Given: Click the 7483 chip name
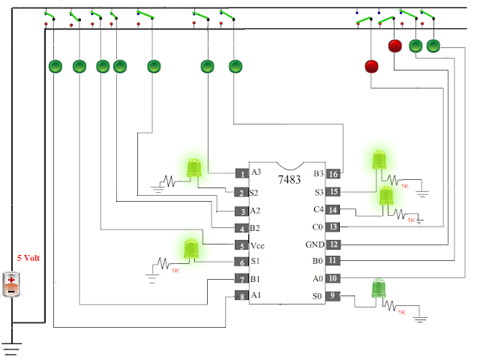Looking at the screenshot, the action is [289, 179].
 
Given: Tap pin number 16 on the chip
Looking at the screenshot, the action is [333, 174].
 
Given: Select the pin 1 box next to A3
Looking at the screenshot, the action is [242, 173].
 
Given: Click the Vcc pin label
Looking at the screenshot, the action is [257, 245].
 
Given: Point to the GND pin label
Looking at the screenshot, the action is [315, 244].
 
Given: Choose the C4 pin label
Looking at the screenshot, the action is [318, 209].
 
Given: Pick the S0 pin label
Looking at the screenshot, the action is [317, 296].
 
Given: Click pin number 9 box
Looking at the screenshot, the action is [332, 295].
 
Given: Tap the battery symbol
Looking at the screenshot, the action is [11, 284].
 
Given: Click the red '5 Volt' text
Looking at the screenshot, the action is [28, 258].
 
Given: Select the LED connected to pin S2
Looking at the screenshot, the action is [194, 168].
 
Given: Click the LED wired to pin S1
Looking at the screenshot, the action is [191, 248].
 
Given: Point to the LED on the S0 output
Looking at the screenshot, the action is [379, 288].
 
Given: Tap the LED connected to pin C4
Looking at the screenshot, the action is [386, 196].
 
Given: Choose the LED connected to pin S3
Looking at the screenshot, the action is [379, 160].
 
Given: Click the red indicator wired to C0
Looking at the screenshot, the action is [371, 67].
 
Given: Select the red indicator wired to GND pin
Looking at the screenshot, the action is [394, 46].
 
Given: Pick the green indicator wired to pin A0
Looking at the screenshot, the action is [433, 46].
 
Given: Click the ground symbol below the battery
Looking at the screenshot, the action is [12, 349].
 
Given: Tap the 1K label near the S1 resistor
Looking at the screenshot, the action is [175, 271].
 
